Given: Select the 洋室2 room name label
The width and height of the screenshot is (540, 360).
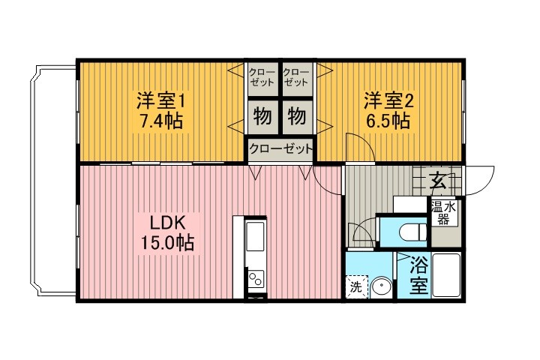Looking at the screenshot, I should [x=388, y=100].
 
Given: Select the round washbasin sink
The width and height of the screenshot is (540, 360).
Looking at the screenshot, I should [x=381, y=286].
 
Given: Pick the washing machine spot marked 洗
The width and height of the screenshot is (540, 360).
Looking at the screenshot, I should [x=355, y=286].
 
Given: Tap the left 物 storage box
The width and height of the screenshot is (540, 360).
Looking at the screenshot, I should [x=262, y=117].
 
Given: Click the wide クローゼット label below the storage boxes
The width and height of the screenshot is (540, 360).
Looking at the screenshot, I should [x=280, y=149].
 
